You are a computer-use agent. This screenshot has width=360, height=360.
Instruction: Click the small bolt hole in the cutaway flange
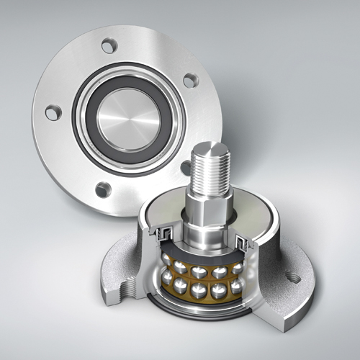pos(294,275)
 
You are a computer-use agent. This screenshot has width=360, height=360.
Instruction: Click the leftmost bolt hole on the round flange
pos(51,113)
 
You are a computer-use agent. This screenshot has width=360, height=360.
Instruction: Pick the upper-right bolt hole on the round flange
pos(189,81)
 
